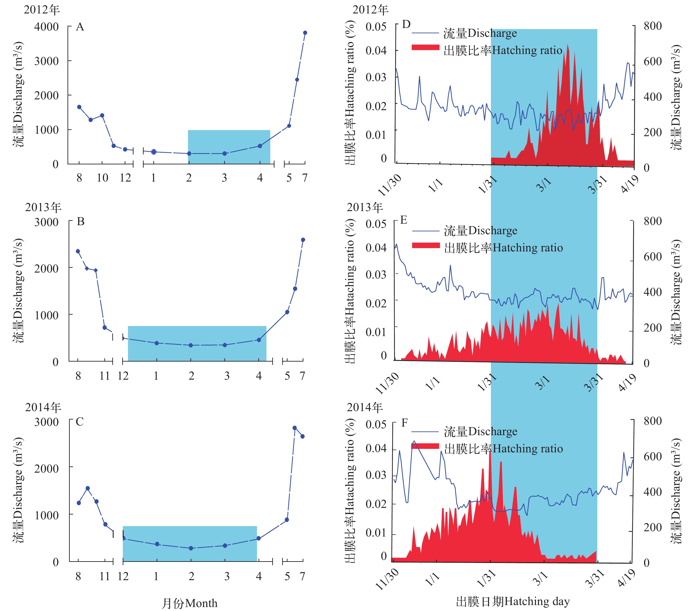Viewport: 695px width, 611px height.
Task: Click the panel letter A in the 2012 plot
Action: (x=80, y=27)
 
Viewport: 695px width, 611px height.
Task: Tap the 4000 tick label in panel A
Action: (x=46, y=27)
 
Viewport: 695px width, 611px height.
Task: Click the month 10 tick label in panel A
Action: (x=102, y=178)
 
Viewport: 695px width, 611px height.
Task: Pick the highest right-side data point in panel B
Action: (x=303, y=240)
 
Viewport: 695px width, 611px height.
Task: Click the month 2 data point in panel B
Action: (x=191, y=345)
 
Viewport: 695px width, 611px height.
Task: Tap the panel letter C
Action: (x=80, y=422)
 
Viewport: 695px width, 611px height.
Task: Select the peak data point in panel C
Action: (x=295, y=428)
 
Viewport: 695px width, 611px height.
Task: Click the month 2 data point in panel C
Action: (x=191, y=548)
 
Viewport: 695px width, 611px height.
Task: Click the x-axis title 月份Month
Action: (x=189, y=603)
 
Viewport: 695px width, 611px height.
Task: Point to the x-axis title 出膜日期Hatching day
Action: (x=512, y=602)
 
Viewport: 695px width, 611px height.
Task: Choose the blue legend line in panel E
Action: (x=426, y=231)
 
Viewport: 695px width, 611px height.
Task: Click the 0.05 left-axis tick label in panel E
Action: (x=376, y=224)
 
